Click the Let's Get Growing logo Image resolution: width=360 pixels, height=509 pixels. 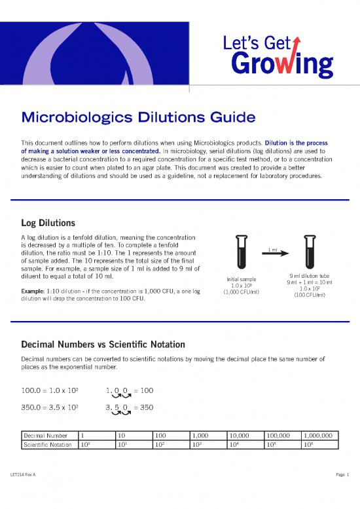[287, 56]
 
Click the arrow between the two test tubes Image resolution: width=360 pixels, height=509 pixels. [275, 255]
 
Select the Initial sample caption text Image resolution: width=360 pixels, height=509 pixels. [242, 280]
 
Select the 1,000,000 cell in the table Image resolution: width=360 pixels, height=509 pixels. [319, 434]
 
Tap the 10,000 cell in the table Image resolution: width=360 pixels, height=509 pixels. [240, 434]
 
